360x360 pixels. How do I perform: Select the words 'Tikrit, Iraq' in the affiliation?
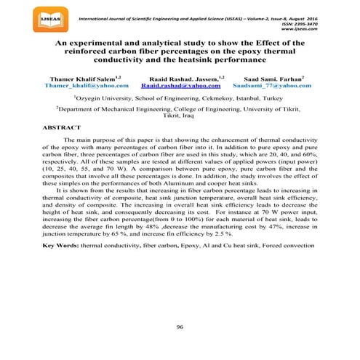click(x=180, y=116)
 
